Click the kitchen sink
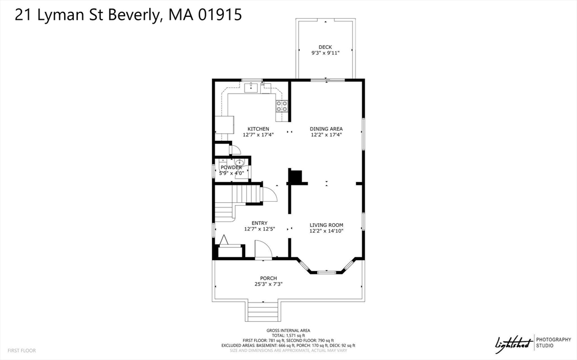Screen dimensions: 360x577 point(251,87)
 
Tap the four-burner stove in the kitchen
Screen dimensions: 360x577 point(282,104)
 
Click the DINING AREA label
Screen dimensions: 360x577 point(326,129)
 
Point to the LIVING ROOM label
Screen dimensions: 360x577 point(326,225)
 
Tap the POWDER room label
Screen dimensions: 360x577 point(231,167)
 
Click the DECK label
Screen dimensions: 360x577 point(325,47)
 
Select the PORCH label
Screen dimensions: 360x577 point(268,278)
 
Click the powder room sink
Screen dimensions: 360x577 point(239,163)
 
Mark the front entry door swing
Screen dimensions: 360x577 point(263,249)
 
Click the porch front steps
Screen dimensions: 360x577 point(263,311)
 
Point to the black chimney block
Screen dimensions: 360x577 point(295,177)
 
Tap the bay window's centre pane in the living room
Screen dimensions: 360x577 point(326,272)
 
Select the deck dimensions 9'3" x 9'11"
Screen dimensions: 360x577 point(325,54)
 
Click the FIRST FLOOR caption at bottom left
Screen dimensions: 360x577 point(22,350)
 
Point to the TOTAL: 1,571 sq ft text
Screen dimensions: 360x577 point(288,335)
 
